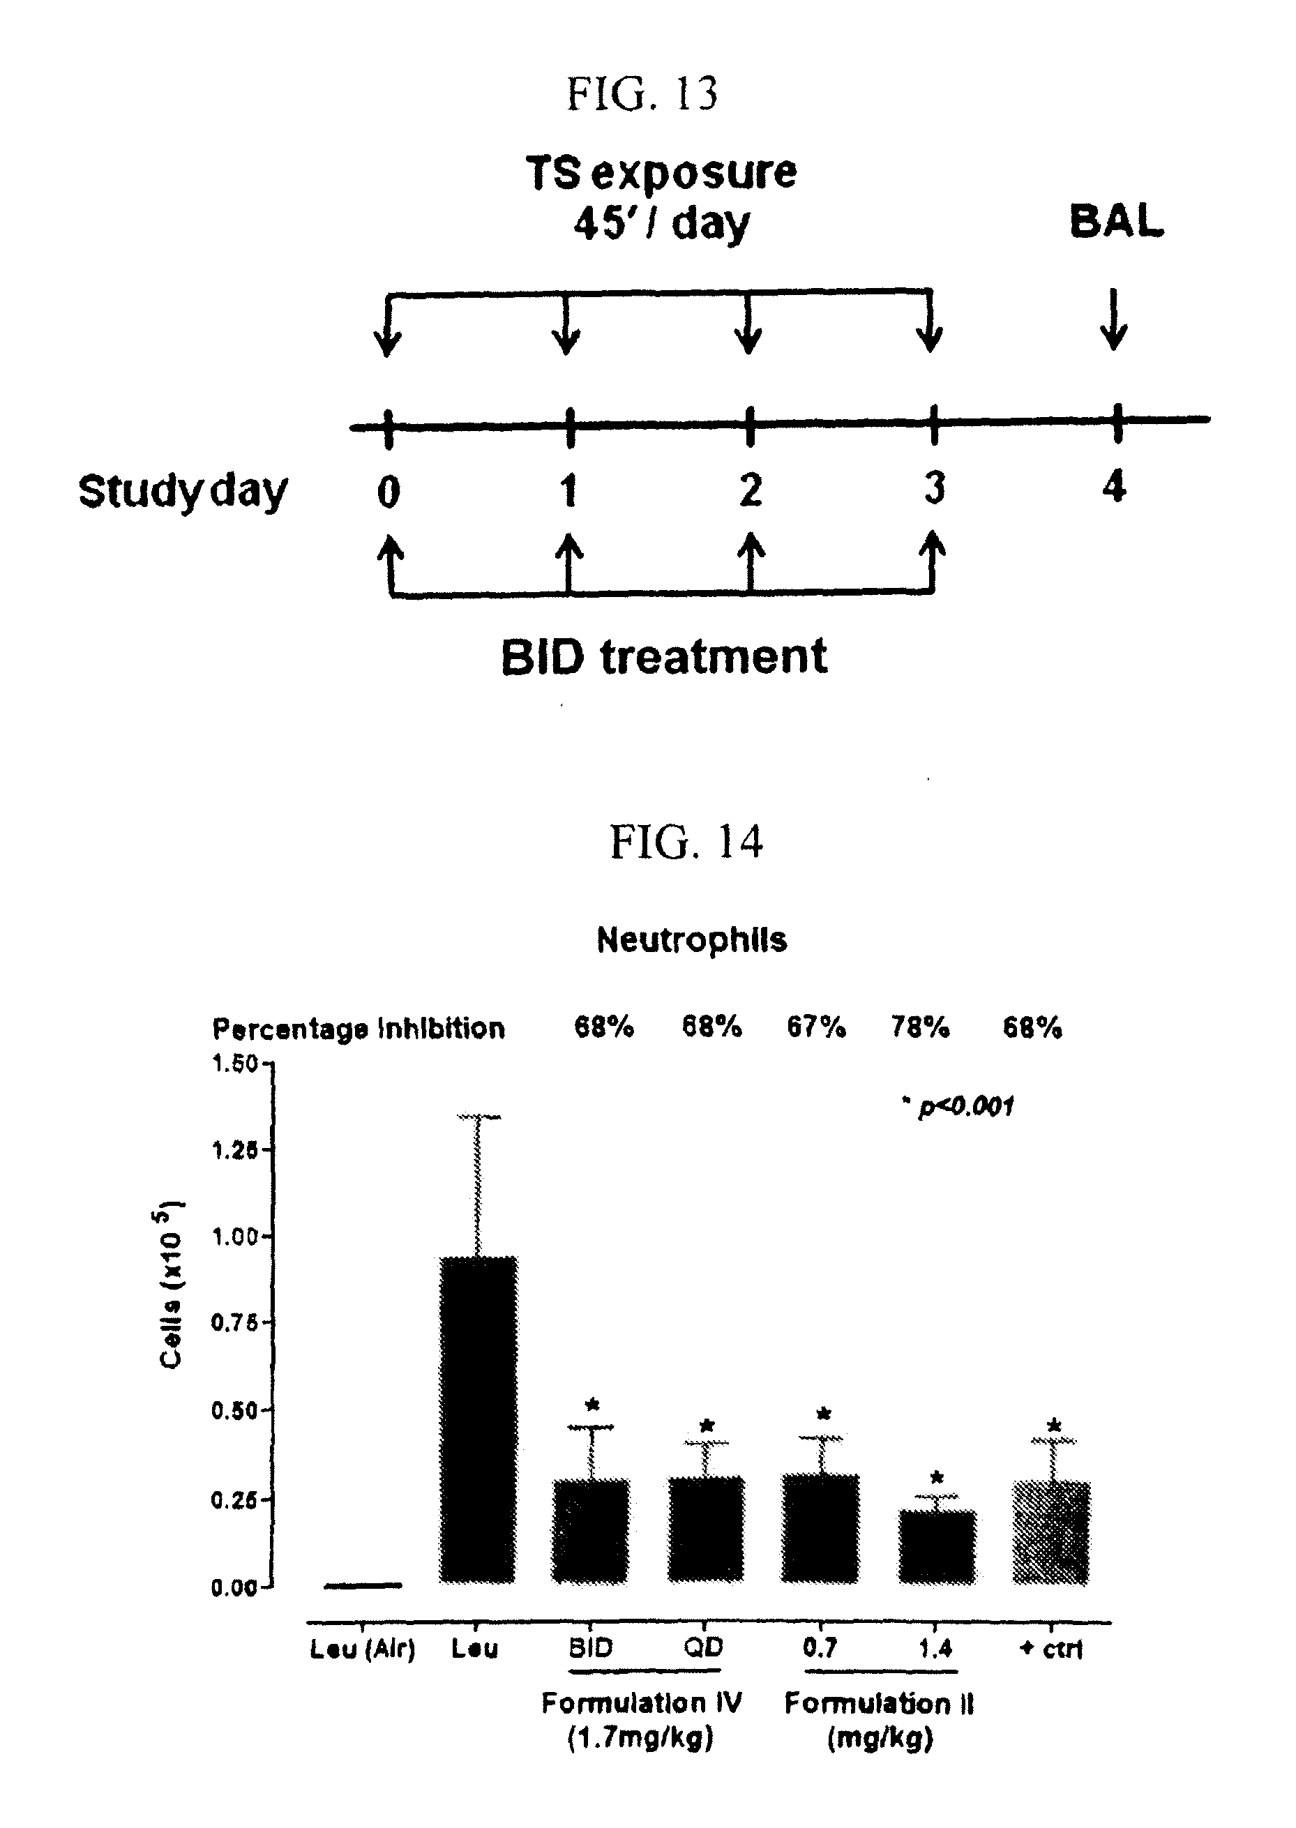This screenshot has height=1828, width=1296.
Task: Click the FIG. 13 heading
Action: [x=642, y=94]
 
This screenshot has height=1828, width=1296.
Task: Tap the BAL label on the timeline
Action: [x=1115, y=221]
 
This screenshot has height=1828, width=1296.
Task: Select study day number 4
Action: [x=1114, y=486]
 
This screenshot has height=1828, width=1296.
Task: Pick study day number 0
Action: [x=388, y=491]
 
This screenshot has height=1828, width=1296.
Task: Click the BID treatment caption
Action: [x=664, y=658]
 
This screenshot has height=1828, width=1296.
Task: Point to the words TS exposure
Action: [x=661, y=172]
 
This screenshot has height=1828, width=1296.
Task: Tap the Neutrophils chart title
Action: [x=691, y=940]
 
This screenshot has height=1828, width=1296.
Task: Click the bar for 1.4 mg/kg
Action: [x=937, y=1546]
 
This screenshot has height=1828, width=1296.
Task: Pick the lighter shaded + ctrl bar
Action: [x=1051, y=1532]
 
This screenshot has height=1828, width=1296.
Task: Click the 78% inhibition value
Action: [x=920, y=1027]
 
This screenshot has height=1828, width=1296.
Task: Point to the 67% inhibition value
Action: [x=815, y=1027]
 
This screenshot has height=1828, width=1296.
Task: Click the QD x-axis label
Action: [x=703, y=1647]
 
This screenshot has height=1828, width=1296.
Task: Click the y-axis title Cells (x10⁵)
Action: [x=171, y=1285]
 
